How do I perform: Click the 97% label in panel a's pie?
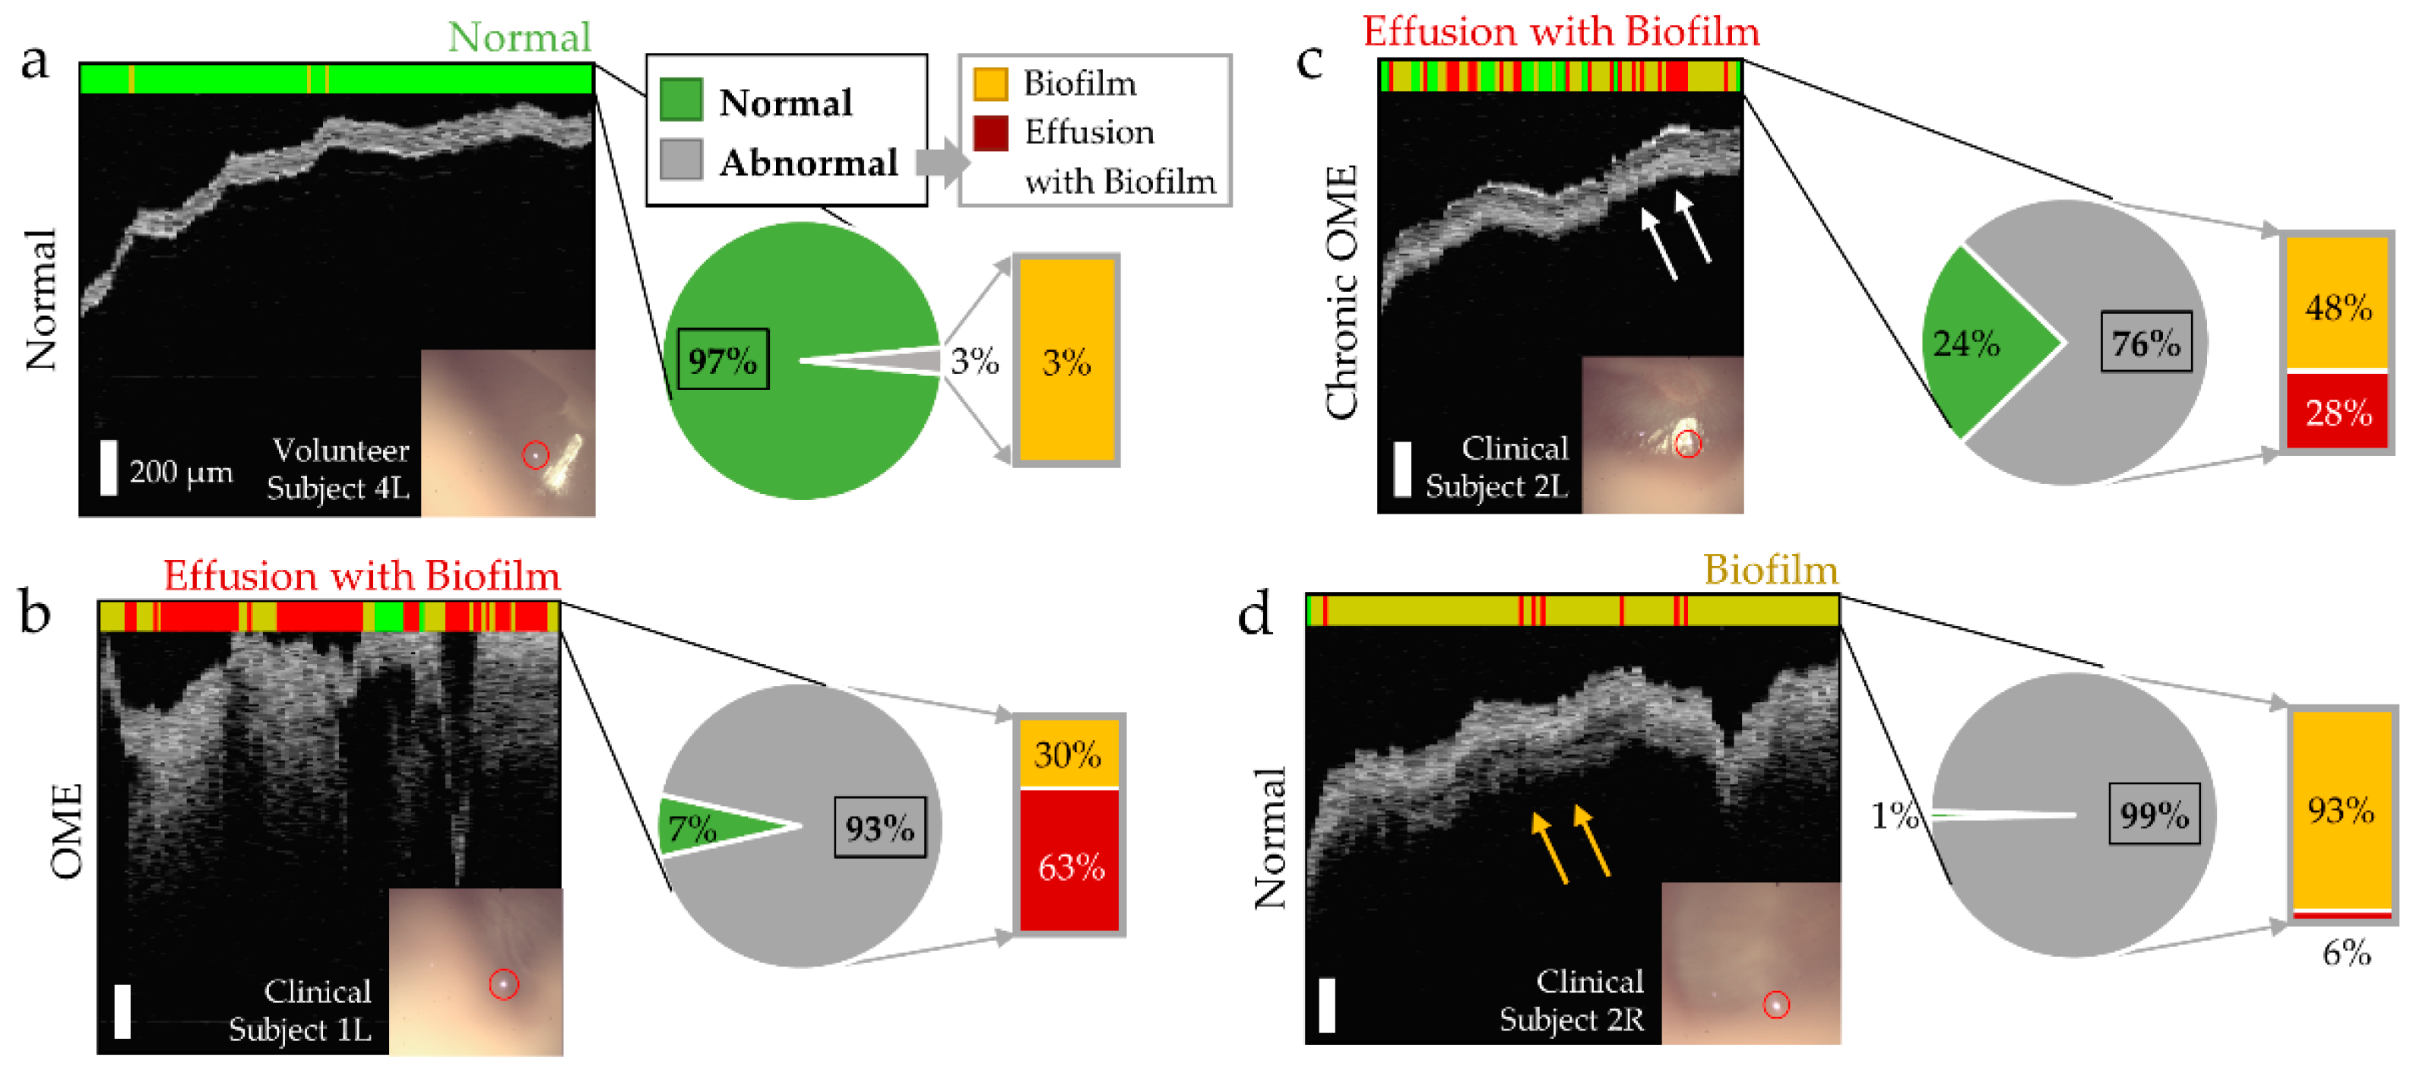tap(721, 359)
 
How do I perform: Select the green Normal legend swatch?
tap(680, 100)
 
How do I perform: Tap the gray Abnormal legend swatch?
tap(680, 160)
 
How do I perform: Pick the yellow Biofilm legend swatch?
tap(990, 84)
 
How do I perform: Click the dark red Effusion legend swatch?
tap(990, 133)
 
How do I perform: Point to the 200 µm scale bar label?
tap(181, 472)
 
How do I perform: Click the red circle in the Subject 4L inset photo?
tap(534, 454)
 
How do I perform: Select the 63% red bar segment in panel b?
tap(1069, 862)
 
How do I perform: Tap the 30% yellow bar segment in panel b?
tap(1069, 753)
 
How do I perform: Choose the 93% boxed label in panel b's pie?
tap(879, 827)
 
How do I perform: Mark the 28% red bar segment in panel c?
tap(2337, 412)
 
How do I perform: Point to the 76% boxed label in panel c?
tap(2146, 343)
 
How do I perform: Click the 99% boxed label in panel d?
tap(2154, 814)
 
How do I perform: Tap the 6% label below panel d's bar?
tap(2346, 952)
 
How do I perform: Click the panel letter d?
tap(1255, 614)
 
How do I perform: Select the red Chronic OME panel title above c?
tap(1560, 31)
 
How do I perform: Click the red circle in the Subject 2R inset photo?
tap(1775, 1004)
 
